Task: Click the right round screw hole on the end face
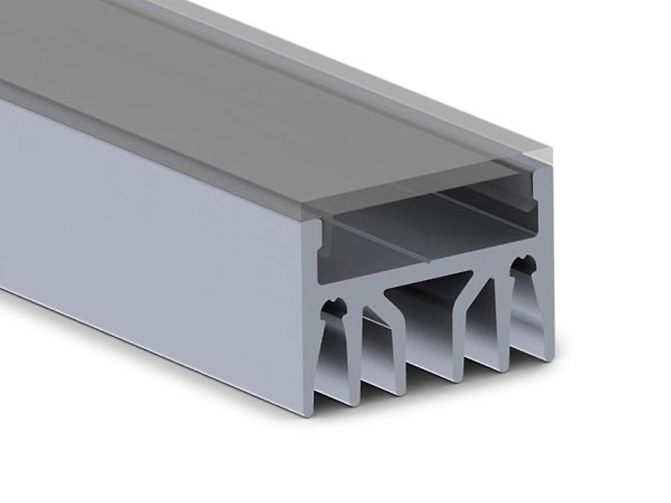tap(524, 265)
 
